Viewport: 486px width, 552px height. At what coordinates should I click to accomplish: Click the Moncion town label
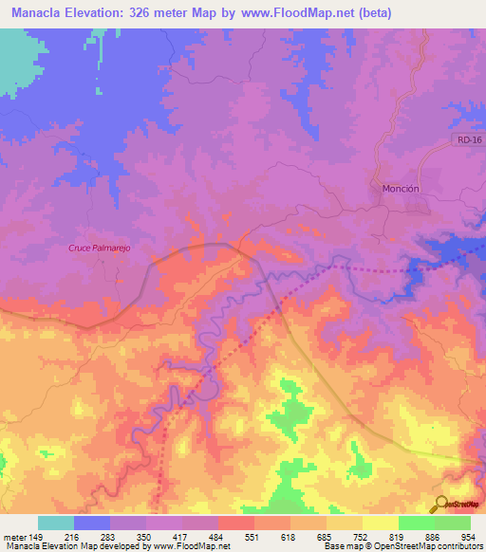[x=400, y=188]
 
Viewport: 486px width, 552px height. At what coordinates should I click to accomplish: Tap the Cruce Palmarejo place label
[x=99, y=248]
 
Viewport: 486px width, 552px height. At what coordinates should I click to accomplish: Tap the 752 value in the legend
[x=361, y=536]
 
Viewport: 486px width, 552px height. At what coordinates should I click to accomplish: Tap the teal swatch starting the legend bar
[x=56, y=523]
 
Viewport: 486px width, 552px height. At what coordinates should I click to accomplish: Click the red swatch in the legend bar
[x=236, y=523]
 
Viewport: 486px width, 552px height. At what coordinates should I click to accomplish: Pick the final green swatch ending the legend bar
[x=452, y=523]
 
